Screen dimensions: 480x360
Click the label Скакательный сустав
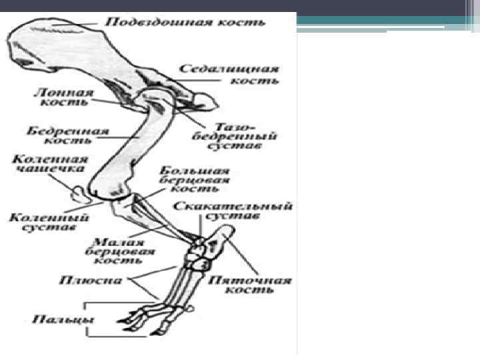[233, 211]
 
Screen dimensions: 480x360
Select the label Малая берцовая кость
[120, 252]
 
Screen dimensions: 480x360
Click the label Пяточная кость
[250, 285]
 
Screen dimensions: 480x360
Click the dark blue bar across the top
[240, 6]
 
